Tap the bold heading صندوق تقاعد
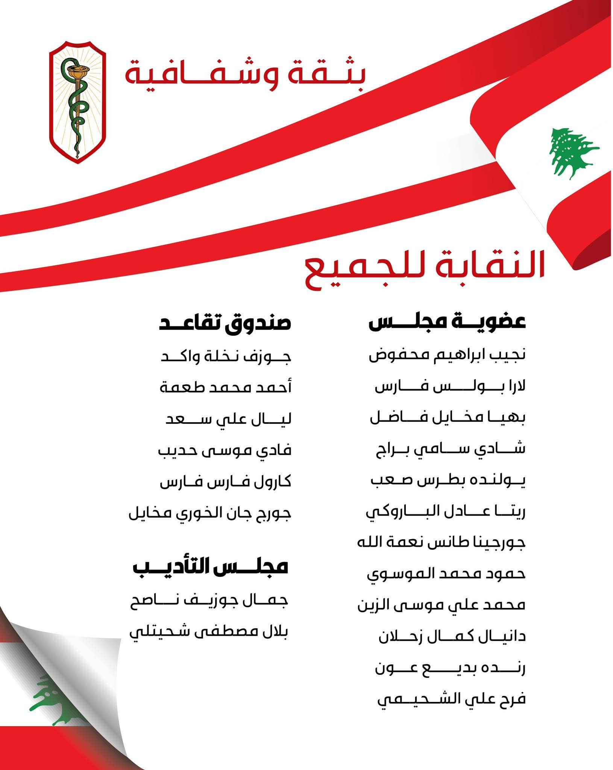pos(225,323)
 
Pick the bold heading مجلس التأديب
pos(211,566)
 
